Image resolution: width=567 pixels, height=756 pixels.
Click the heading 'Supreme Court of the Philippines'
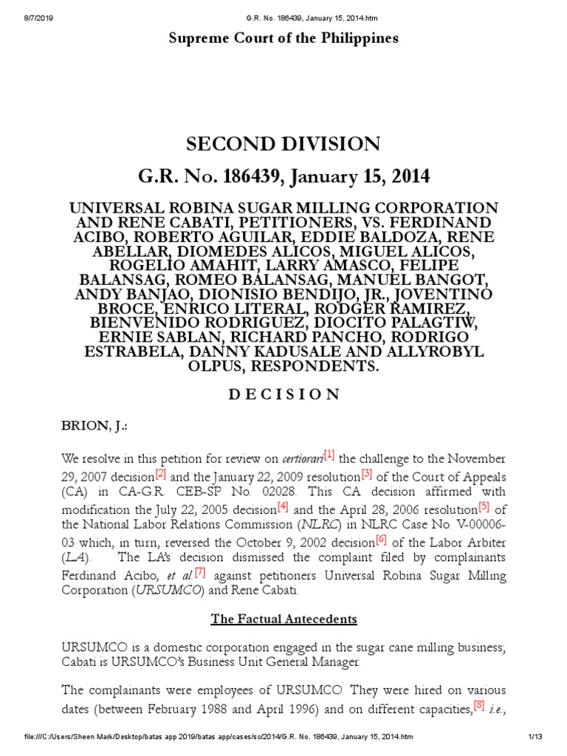tap(283, 38)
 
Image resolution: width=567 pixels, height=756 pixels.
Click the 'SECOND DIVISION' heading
tap(283, 144)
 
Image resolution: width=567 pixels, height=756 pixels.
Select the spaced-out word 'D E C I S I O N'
tap(283, 394)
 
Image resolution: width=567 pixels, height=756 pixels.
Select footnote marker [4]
tap(283, 507)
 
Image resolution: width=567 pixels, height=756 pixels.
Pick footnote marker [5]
tap(484, 507)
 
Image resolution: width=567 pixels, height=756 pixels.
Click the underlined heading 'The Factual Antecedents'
tap(283, 619)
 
